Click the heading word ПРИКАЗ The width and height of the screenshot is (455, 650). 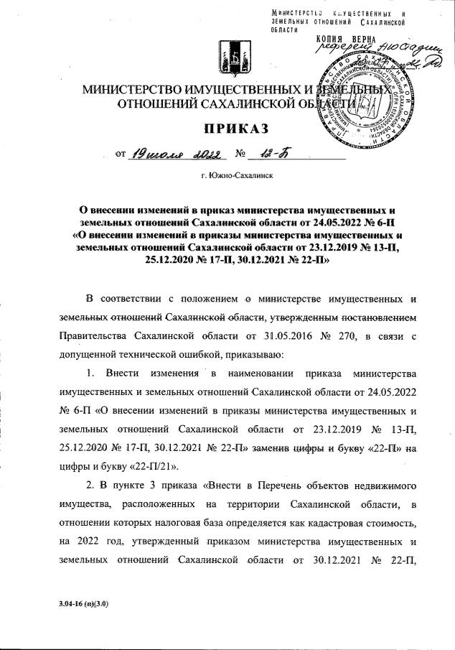[x=227, y=129]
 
